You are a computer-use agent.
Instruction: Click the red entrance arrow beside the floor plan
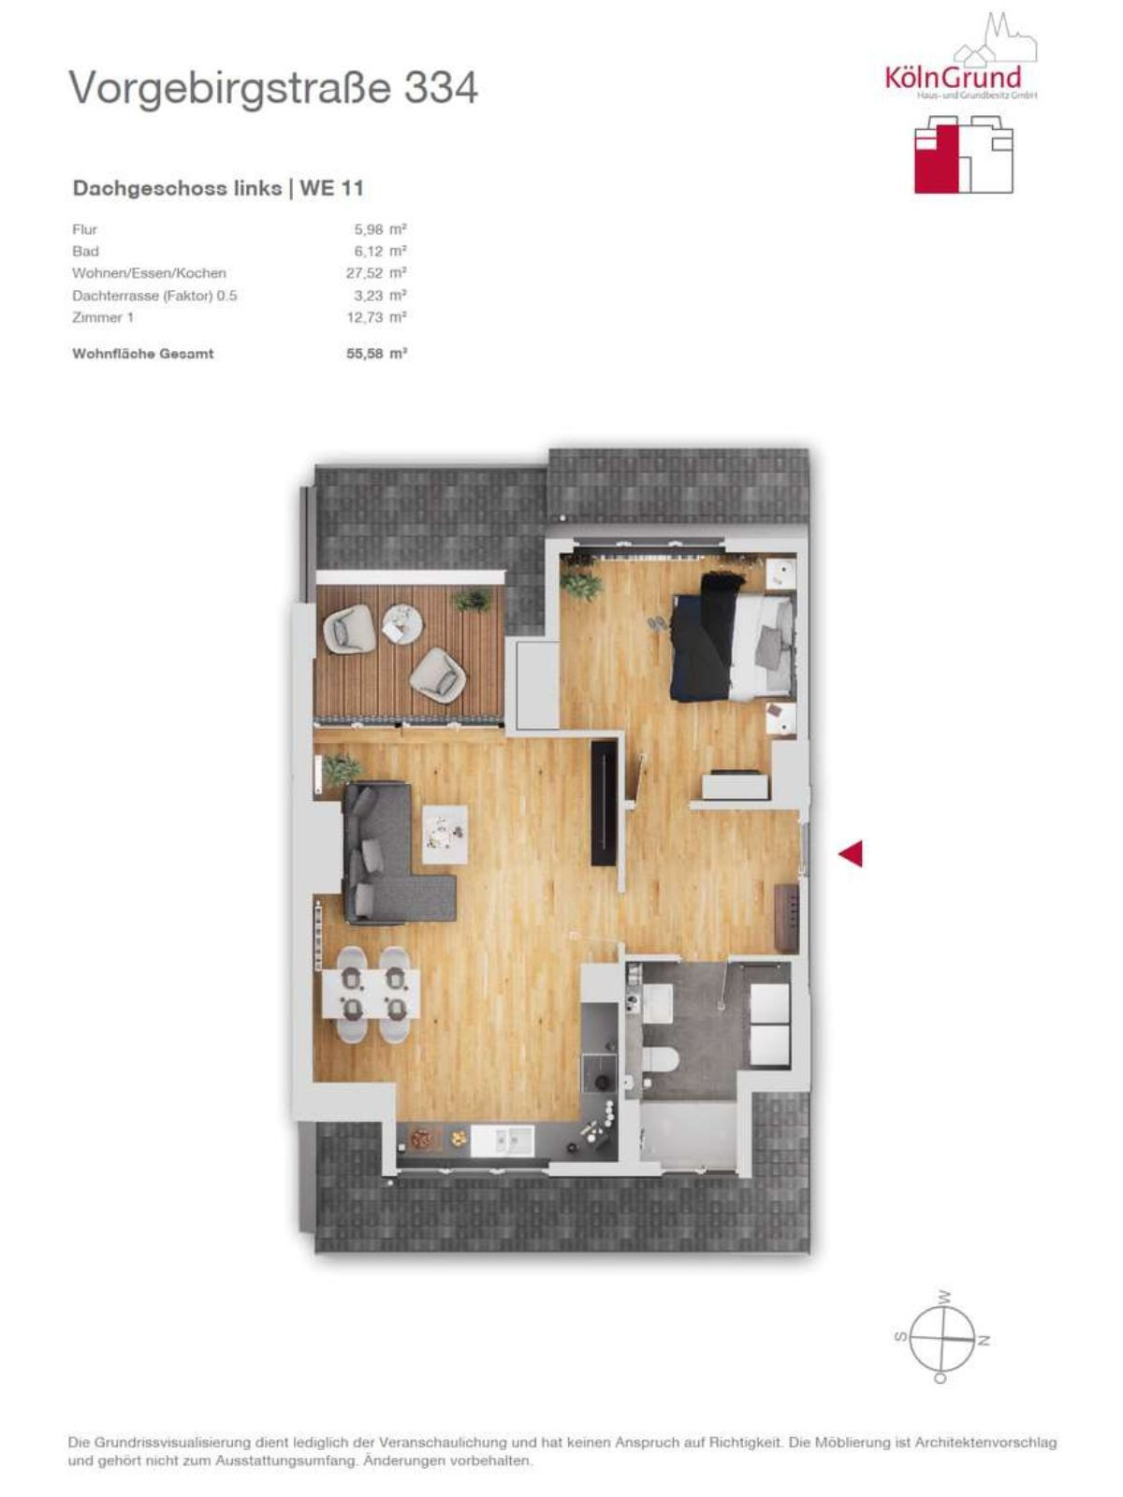click(x=852, y=854)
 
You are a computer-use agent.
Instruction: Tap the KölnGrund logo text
click(x=953, y=77)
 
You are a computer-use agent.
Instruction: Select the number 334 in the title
click(x=441, y=88)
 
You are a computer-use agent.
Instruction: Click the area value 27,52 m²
click(x=376, y=273)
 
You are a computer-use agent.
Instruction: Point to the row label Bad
click(x=85, y=251)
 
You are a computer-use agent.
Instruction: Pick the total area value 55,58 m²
click(x=377, y=354)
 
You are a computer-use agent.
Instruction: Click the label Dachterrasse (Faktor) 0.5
click(x=154, y=296)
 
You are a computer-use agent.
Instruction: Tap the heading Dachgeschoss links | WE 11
click(x=218, y=188)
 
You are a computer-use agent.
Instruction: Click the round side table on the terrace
click(x=402, y=623)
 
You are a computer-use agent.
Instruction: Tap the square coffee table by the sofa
click(x=445, y=835)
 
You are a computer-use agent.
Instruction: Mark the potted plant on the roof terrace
click(x=471, y=600)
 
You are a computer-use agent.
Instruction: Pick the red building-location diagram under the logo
click(x=964, y=154)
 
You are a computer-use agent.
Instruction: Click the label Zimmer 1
click(x=103, y=317)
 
